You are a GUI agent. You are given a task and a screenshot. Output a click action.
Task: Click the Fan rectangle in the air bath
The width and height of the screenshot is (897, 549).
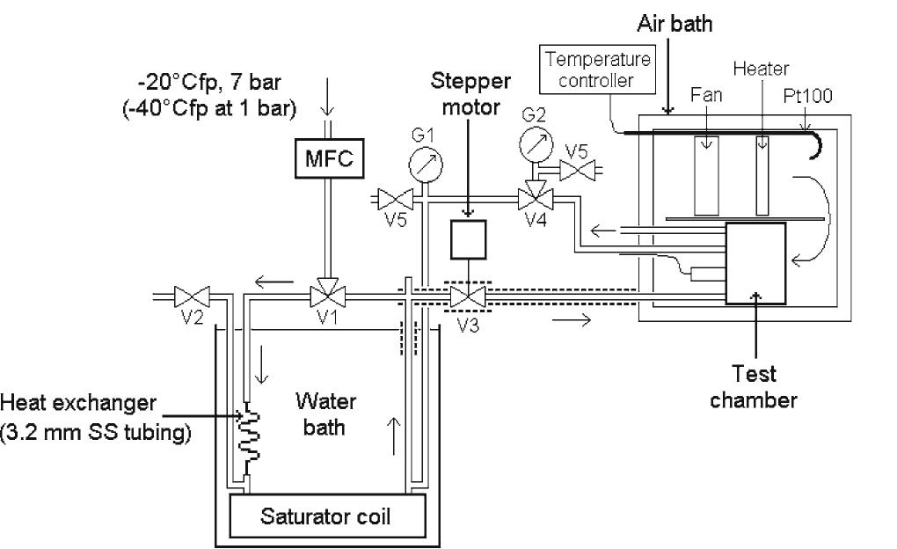coord(706,175)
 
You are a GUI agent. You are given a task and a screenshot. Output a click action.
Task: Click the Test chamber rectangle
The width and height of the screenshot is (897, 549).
coord(755,263)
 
